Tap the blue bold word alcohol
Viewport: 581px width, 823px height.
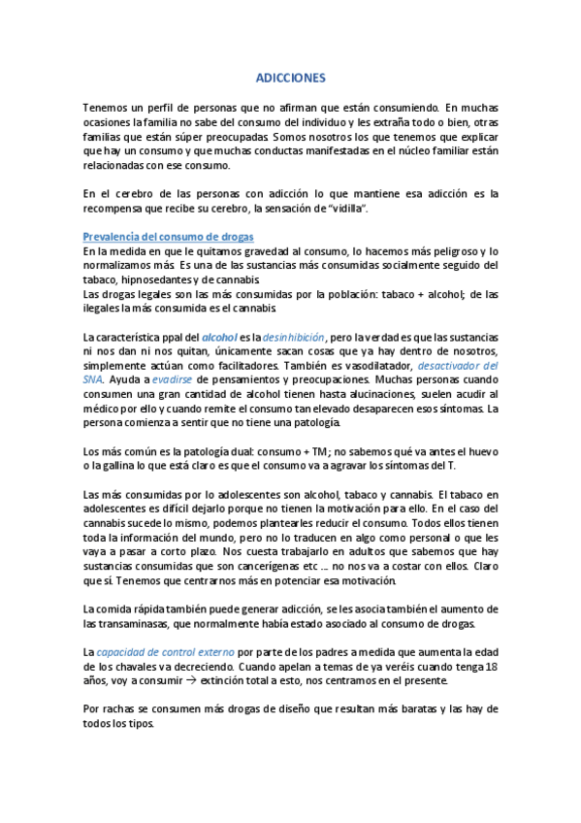pos(220,336)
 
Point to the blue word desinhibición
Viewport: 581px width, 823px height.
pos(293,336)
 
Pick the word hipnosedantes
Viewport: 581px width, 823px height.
pos(148,280)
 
